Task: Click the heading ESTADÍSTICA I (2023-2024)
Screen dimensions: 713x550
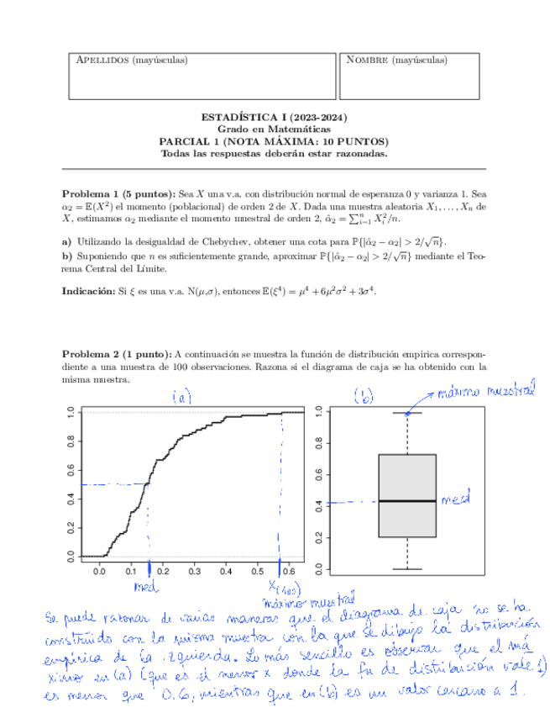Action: pos(275,119)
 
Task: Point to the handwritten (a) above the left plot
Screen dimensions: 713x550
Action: pos(181,397)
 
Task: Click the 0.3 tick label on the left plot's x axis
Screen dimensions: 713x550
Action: pos(194,571)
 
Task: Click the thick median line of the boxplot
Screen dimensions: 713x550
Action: pos(407,501)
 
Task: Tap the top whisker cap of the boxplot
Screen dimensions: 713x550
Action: pos(407,413)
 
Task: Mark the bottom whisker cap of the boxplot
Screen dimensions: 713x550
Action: pos(407,569)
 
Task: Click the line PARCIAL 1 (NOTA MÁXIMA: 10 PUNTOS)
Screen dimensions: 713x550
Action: pos(275,142)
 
